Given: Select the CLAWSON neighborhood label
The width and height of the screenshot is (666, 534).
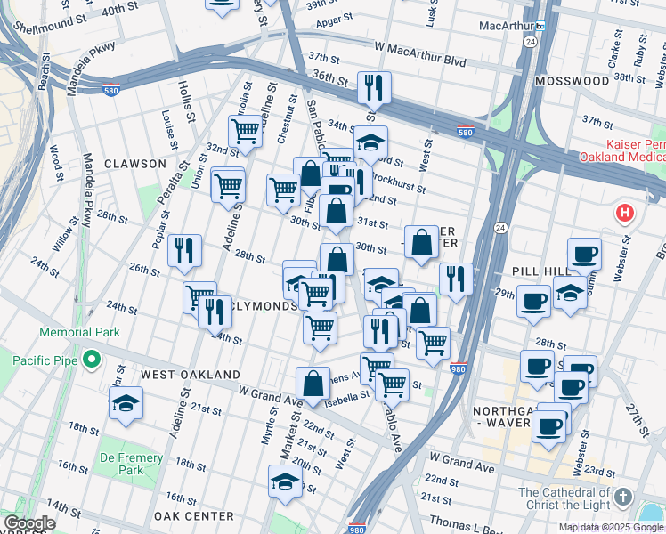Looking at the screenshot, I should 134,164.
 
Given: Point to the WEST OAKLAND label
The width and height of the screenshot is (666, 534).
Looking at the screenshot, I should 191,375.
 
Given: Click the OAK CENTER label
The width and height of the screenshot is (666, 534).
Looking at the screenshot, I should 193,516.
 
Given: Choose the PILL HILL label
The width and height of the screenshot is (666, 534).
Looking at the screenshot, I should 533,269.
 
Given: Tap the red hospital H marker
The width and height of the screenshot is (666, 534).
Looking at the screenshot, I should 625,214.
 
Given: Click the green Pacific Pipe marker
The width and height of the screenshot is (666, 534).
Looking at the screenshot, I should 90,360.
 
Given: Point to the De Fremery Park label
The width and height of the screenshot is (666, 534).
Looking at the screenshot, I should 131,464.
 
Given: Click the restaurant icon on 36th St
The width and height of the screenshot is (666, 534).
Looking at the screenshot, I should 372,86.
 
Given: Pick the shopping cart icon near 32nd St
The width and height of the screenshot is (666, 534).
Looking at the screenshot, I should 245,131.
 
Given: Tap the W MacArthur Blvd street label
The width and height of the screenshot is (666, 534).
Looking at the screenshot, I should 420,46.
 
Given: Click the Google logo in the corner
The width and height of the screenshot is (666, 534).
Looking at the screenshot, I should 28,523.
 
